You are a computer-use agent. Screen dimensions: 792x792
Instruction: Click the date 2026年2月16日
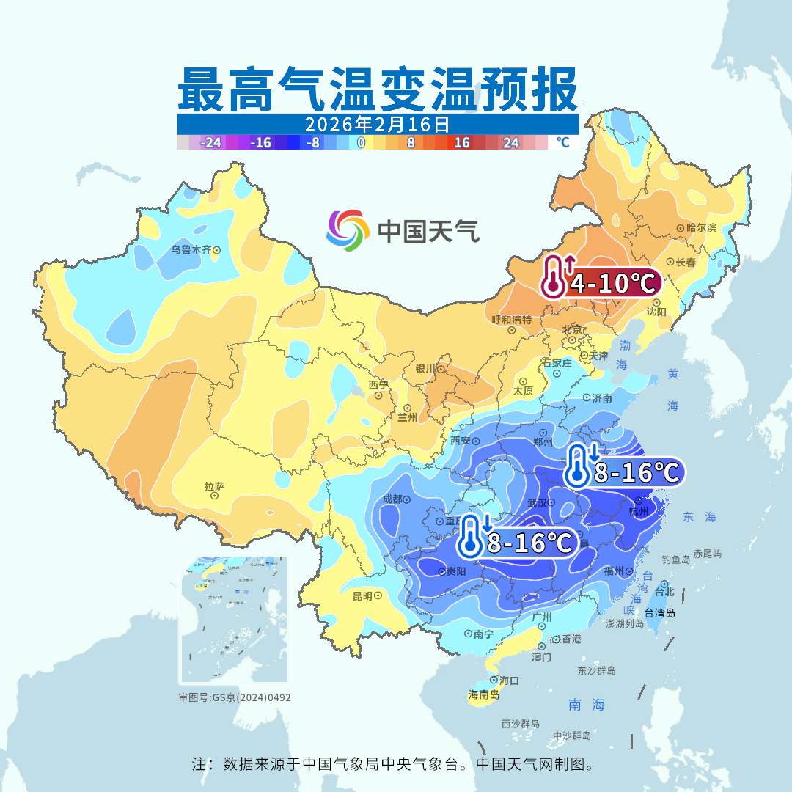(377, 123)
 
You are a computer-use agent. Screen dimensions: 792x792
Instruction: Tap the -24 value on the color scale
(211, 142)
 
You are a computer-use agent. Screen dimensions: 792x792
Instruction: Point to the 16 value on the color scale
(462, 142)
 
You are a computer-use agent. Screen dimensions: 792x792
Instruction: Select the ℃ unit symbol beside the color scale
(562, 142)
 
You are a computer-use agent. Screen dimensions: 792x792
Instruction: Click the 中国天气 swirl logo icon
(348, 229)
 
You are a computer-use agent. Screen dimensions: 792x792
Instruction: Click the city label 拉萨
(214, 486)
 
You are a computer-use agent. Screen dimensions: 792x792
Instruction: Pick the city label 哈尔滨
(700, 228)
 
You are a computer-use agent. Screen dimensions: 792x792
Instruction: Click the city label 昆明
(363, 595)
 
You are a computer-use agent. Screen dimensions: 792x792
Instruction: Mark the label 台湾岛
(659, 612)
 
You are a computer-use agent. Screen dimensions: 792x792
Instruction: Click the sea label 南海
(587, 705)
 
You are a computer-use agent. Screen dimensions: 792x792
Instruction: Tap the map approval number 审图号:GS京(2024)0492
(235, 697)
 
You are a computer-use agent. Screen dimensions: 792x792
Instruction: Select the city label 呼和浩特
(511, 320)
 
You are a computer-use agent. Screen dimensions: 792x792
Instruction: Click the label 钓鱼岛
(675, 560)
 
